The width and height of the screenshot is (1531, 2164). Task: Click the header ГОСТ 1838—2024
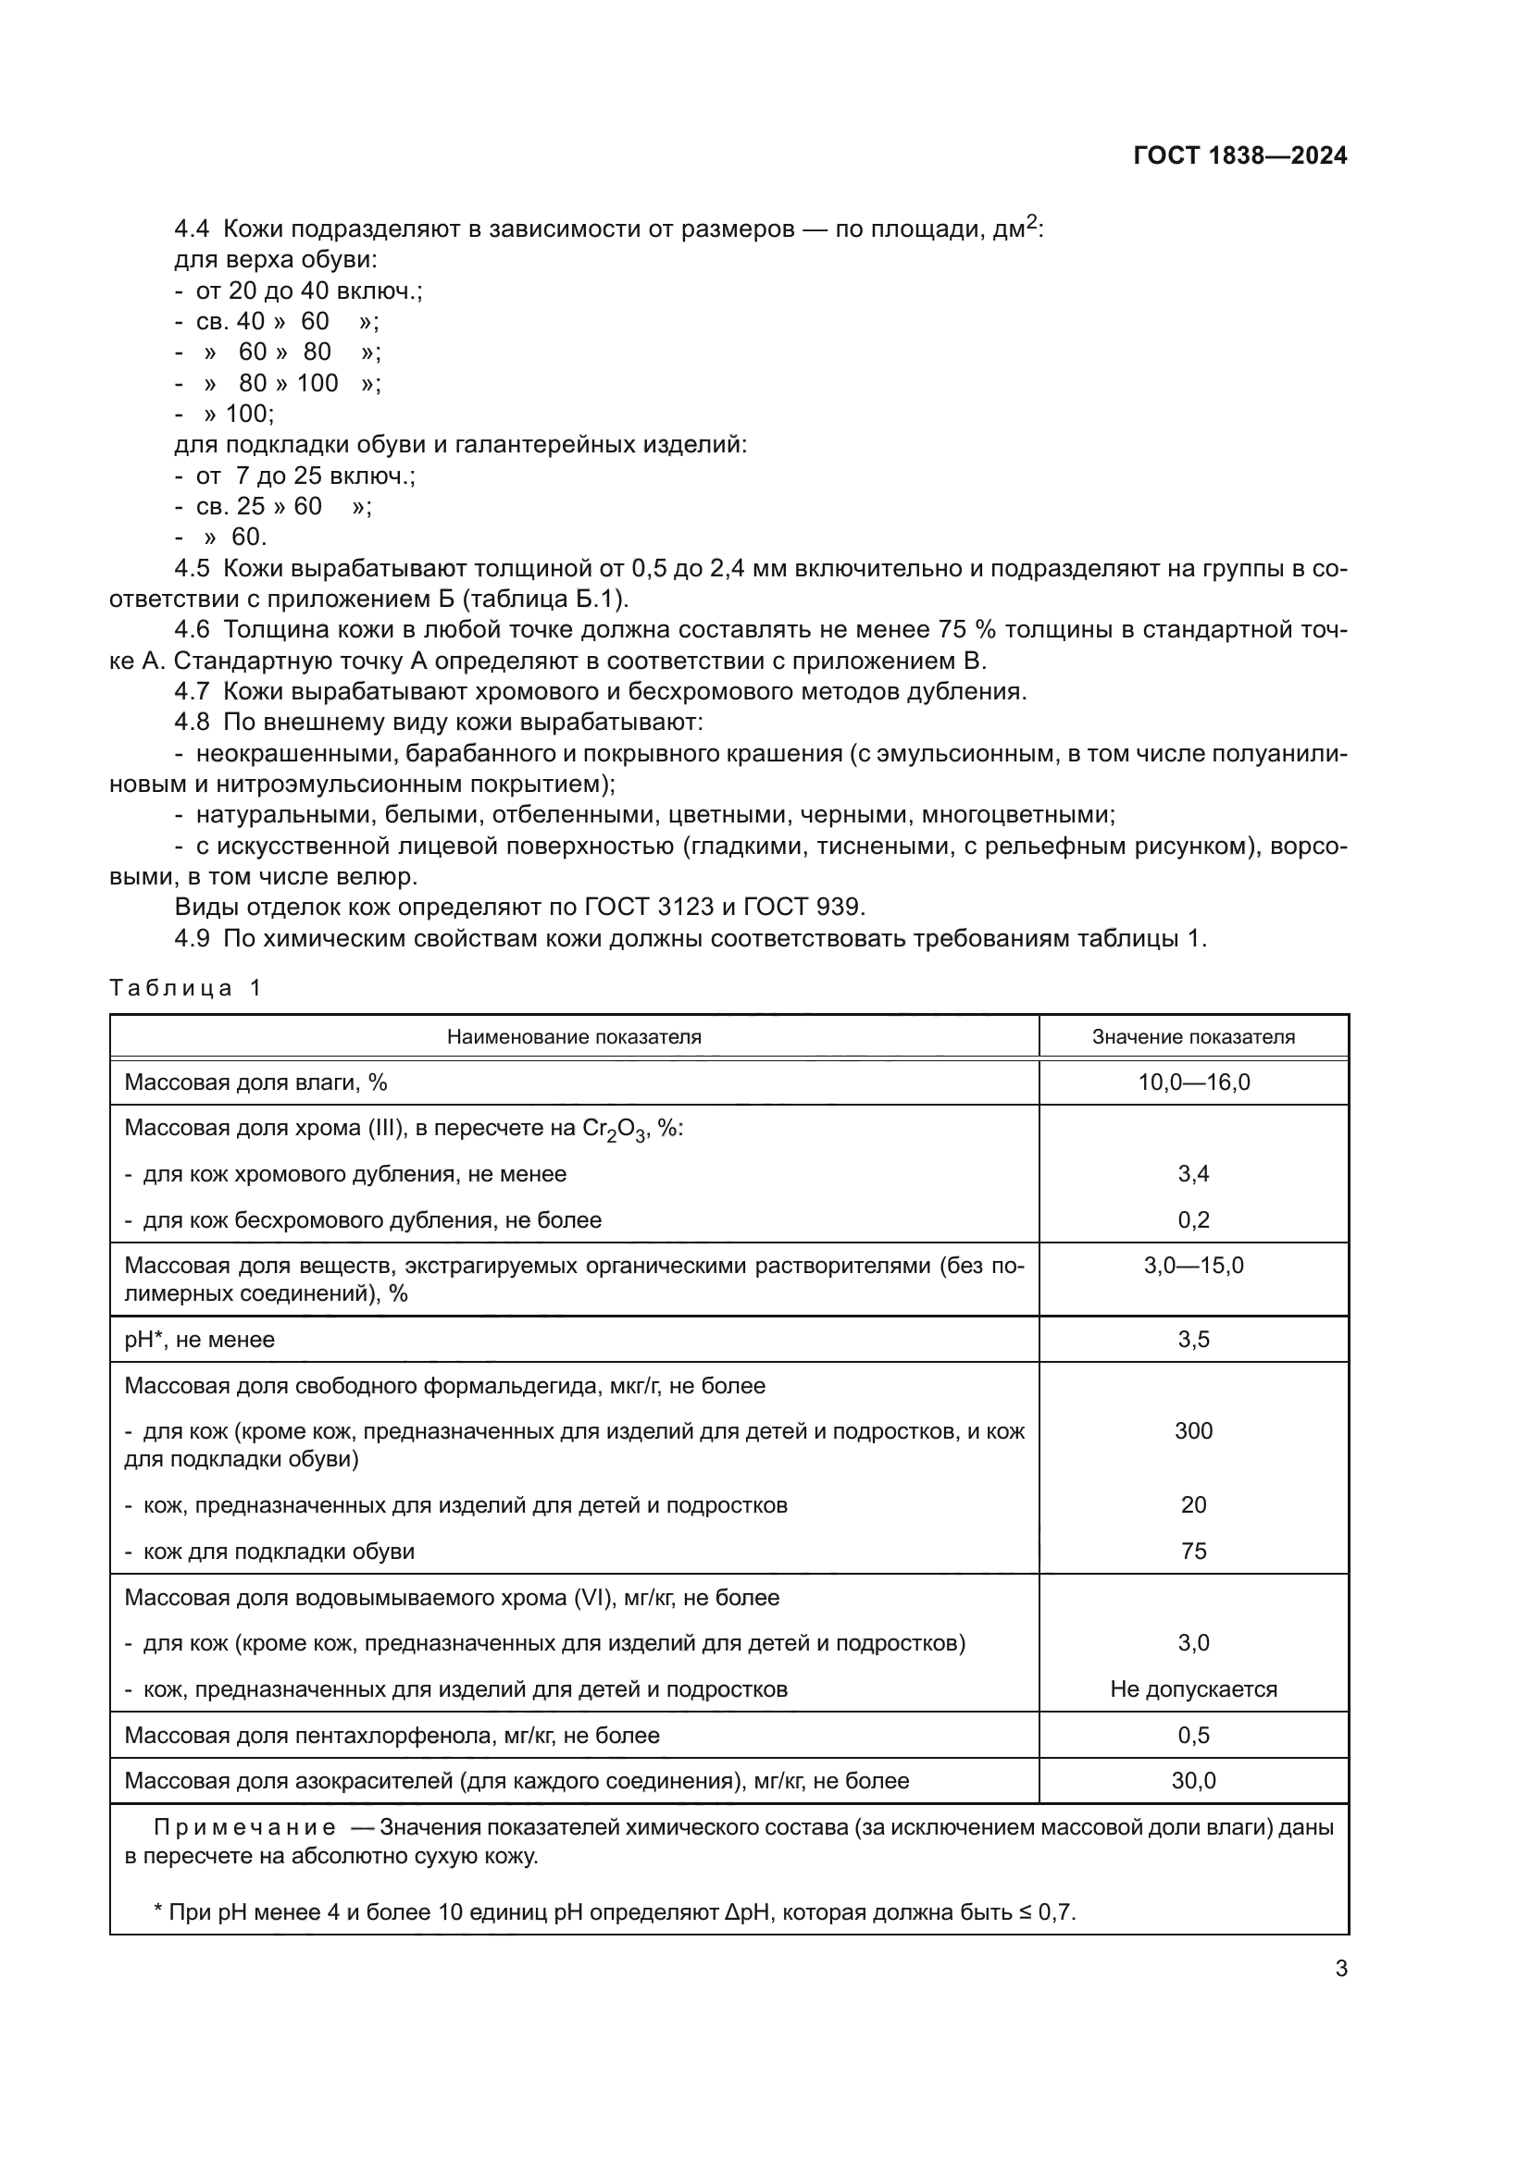coord(1239,155)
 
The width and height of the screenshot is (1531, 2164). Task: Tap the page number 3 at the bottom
coord(1340,1968)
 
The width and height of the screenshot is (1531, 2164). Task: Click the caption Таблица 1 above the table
coord(185,988)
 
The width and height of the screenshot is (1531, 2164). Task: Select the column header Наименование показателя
coord(574,1037)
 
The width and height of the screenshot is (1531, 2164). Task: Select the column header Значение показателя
coord(1193,1037)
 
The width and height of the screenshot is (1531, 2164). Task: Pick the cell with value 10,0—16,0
coord(1193,1082)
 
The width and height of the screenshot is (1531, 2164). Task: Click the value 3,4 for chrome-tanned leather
coord(1193,1173)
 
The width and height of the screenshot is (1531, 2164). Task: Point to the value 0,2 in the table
coord(1193,1219)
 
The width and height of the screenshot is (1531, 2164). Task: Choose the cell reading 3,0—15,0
coord(1193,1265)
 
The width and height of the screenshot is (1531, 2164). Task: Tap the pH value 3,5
coord(1193,1340)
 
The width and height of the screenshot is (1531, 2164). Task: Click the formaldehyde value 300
coord(1193,1430)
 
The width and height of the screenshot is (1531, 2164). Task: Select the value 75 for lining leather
coord(1193,1551)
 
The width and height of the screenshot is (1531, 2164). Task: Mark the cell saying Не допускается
coord(1193,1689)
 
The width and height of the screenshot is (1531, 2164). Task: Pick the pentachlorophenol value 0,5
coord(1193,1735)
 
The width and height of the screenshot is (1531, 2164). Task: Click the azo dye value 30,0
coord(1193,1780)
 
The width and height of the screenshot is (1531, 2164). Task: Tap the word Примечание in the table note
coord(244,1827)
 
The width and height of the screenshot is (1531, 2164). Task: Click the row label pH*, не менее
coord(199,1340)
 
